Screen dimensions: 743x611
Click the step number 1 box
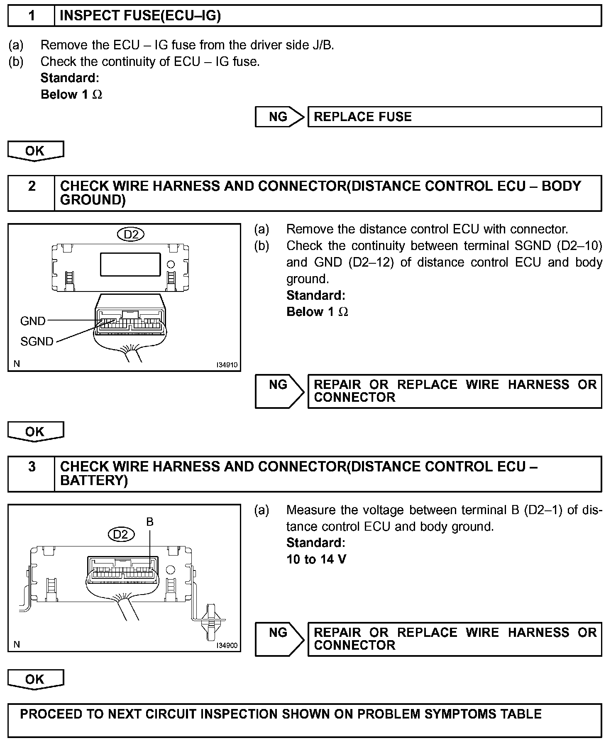point(32,16)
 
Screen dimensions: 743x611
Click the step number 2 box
point(32,193)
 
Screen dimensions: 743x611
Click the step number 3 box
point(32,474)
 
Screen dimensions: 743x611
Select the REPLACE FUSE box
point(455,117)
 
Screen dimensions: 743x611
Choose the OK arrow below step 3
point(36,679)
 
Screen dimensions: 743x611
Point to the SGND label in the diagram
point(37,342)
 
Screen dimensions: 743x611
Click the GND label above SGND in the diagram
point(33,321)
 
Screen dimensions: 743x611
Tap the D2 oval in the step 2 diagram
point(131,235)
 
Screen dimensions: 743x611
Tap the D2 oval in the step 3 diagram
point(121,534)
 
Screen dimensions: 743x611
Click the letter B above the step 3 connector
point(150,522)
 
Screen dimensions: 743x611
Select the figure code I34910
point(227,365)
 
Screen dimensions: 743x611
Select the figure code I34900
point(227,646)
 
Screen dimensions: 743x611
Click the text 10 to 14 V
point(316,559)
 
